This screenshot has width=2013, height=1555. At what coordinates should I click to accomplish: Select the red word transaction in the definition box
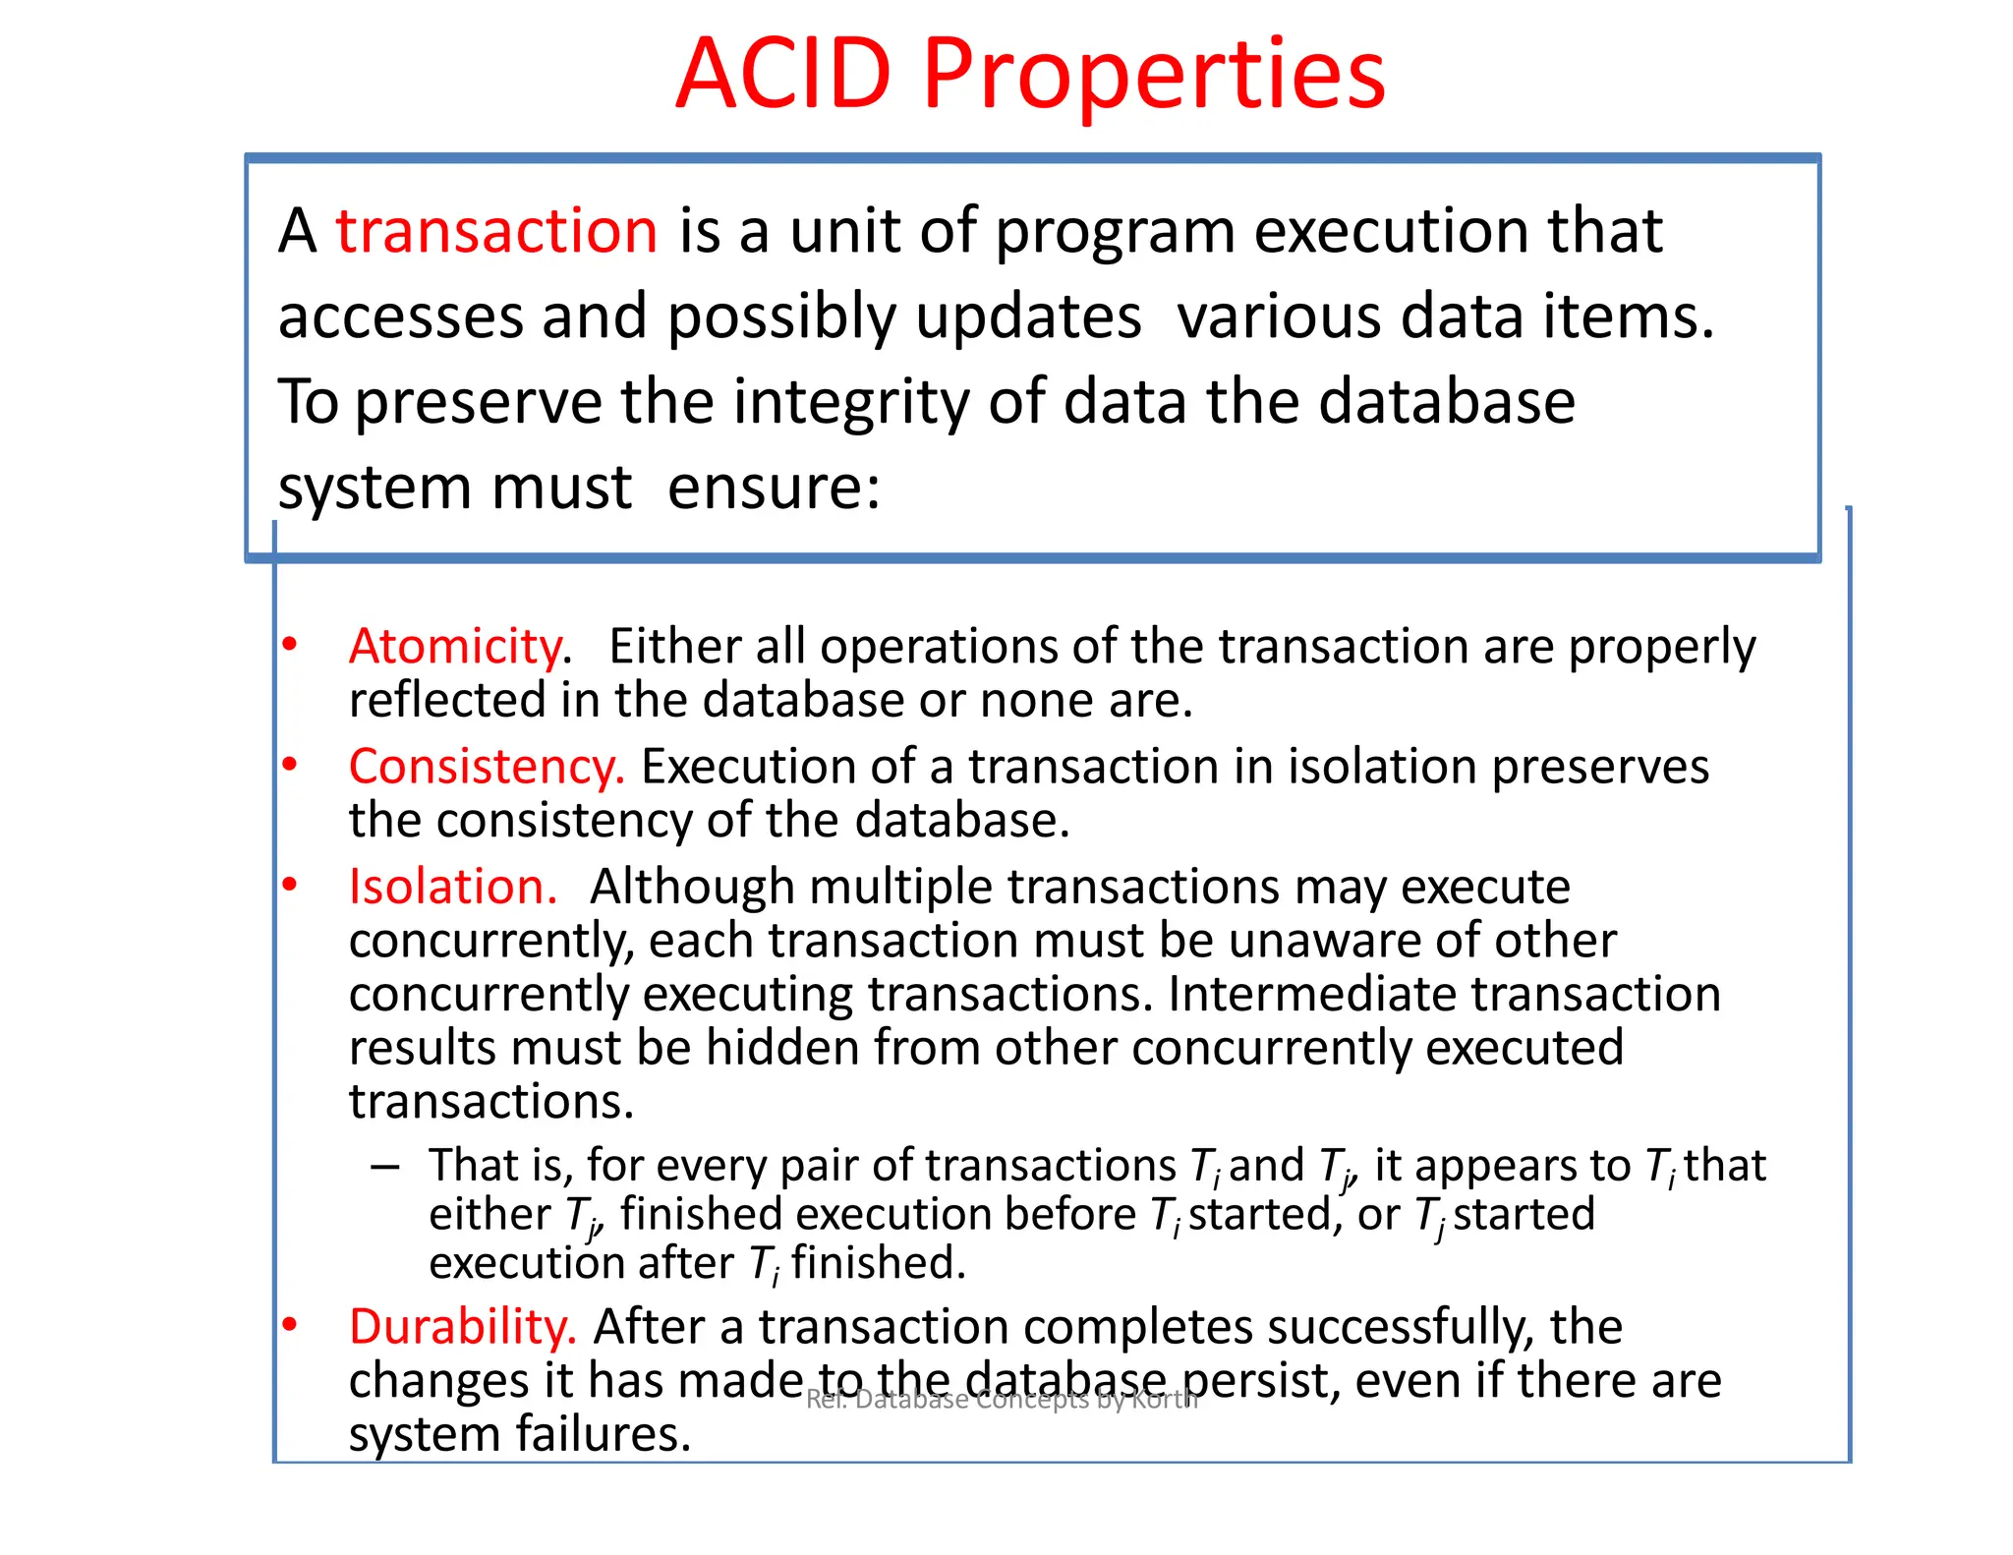[x=496, y=231]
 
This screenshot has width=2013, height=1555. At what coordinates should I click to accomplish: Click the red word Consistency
[x=486, y=767]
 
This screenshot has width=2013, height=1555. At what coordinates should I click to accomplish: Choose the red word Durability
[x=462, y=1327]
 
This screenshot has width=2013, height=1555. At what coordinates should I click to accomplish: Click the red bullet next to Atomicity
[x=289, y=645]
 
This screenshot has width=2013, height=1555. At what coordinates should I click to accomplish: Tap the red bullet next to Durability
[x=289, y=1325]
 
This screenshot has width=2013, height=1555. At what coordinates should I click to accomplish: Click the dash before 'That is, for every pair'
[x=385, y=1168]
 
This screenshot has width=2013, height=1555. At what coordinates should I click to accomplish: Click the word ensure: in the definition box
[x=774, y=488]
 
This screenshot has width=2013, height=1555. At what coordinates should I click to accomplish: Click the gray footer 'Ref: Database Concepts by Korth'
[x=1002, y=1400]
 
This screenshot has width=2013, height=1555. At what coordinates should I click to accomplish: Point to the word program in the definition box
[x=1115, y=233]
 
